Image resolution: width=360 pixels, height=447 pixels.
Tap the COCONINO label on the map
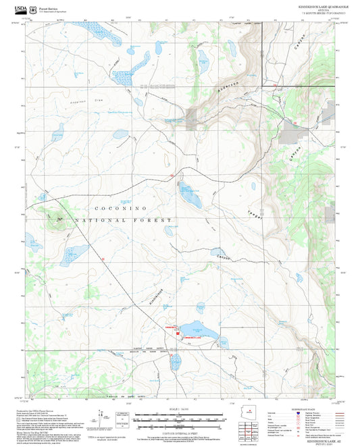click(x=119, y=208)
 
